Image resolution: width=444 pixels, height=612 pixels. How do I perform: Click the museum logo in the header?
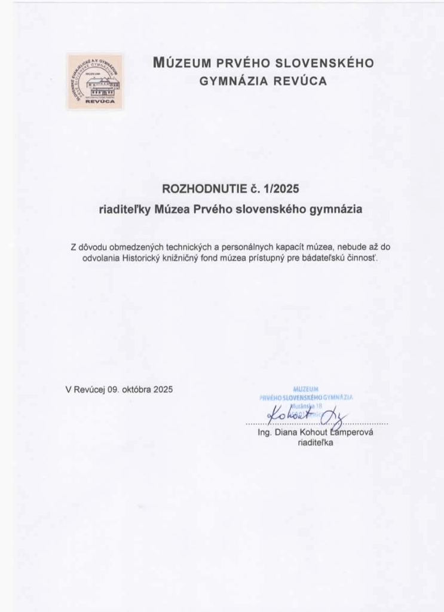click(95, 82)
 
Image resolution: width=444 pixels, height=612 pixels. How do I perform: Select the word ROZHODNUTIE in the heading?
click(205, 189)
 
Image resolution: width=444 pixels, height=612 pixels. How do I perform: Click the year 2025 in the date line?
click(163, 389)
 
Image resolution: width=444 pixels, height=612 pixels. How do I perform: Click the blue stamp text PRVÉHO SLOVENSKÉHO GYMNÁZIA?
click(306, 397)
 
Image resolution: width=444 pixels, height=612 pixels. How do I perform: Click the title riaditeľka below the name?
click(316, 443)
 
